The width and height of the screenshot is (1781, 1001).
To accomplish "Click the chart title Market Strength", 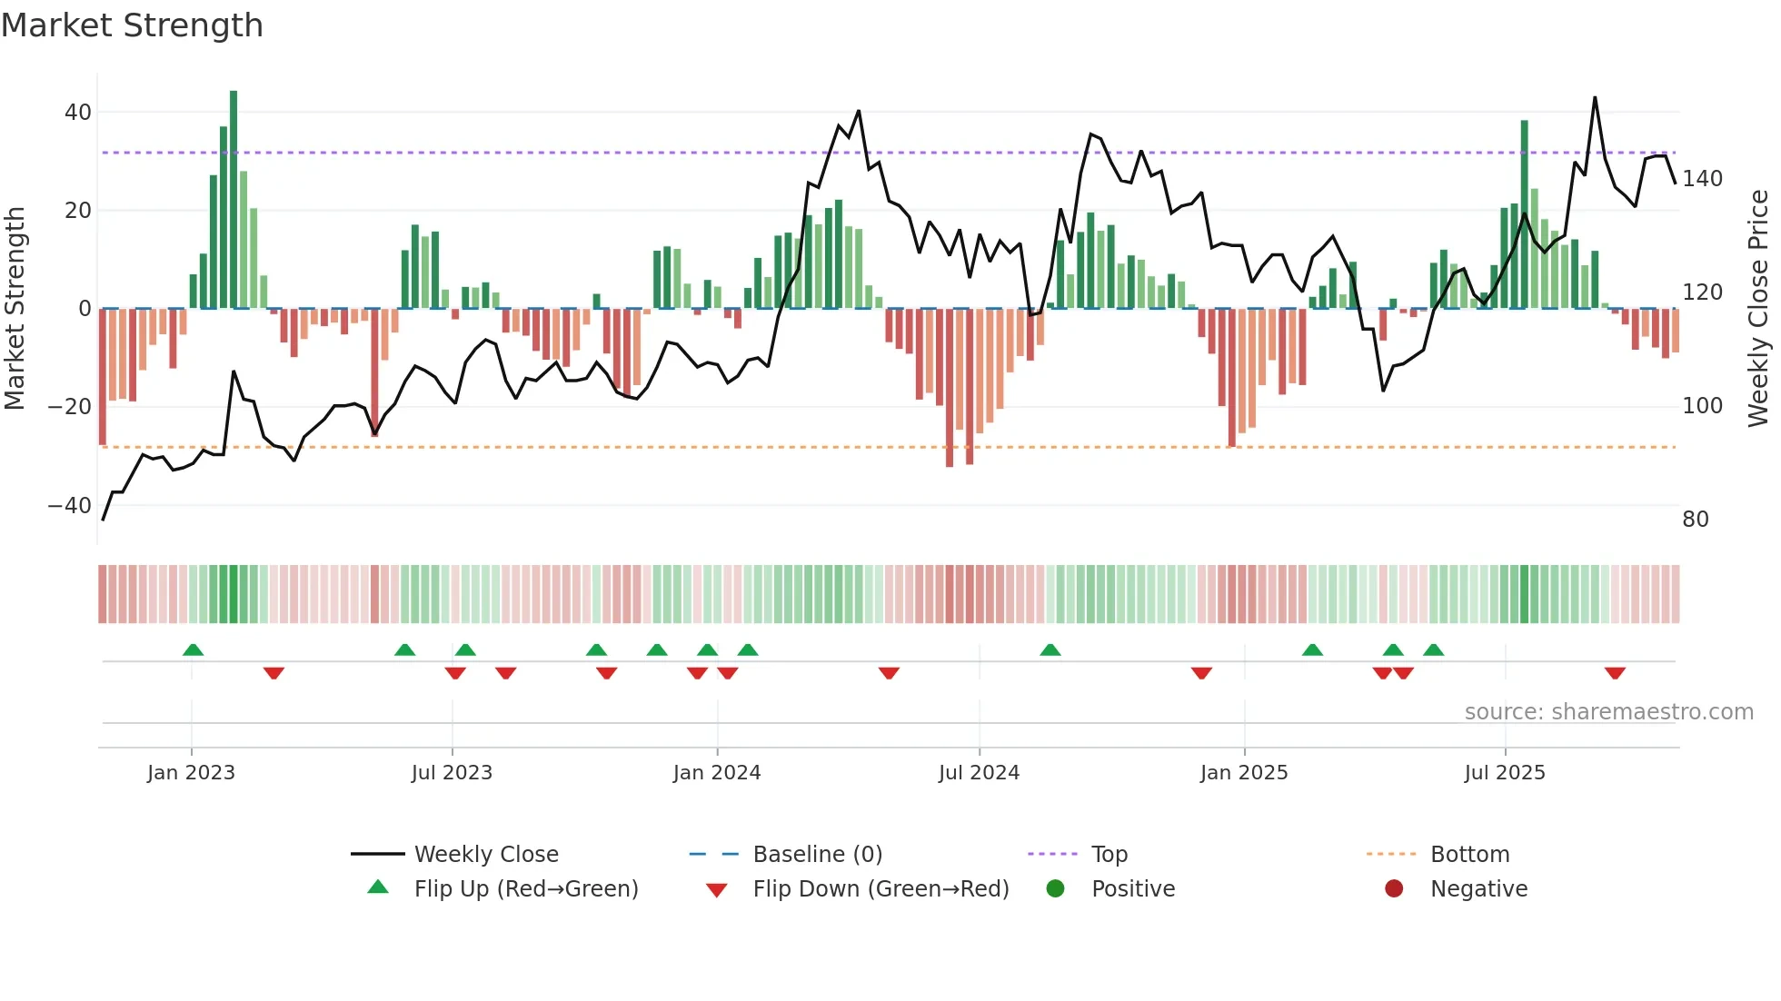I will pos(132,25).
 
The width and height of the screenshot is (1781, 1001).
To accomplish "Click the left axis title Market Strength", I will pos(15,308).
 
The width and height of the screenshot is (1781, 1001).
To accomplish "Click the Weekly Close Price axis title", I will pos(1758,308).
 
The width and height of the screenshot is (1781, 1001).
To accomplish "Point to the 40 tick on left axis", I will pos(77,113).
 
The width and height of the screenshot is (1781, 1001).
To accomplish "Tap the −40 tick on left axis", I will pos(69,505).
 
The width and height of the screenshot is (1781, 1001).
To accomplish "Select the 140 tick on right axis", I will pos(1702,179).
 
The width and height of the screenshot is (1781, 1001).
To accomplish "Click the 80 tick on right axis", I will pos(1695,520).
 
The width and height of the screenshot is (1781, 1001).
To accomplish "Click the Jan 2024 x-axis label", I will pos(716,773).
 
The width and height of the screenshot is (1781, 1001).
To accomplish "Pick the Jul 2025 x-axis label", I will pos(1504,773).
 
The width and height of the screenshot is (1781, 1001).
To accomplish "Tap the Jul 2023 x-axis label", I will pos(452,773).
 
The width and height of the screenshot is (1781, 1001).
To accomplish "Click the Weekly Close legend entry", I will pos(485,855).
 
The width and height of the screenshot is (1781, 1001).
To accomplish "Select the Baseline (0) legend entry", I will pos(817,855).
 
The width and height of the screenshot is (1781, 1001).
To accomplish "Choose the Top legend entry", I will pos(1109,855).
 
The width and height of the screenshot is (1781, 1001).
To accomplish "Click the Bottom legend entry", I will pos(1468,855).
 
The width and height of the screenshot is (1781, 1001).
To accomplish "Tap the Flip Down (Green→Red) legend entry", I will pos(880,889).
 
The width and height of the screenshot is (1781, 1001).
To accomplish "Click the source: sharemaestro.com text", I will pos(1608,712).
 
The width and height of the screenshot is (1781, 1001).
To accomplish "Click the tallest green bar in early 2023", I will pos(234,200).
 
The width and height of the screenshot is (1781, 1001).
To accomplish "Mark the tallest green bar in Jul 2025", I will pos(1524,214).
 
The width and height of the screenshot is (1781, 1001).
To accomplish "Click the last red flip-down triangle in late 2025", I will pos(1615,673).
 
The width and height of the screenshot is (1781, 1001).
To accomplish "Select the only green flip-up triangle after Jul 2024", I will pos(1050,649).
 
